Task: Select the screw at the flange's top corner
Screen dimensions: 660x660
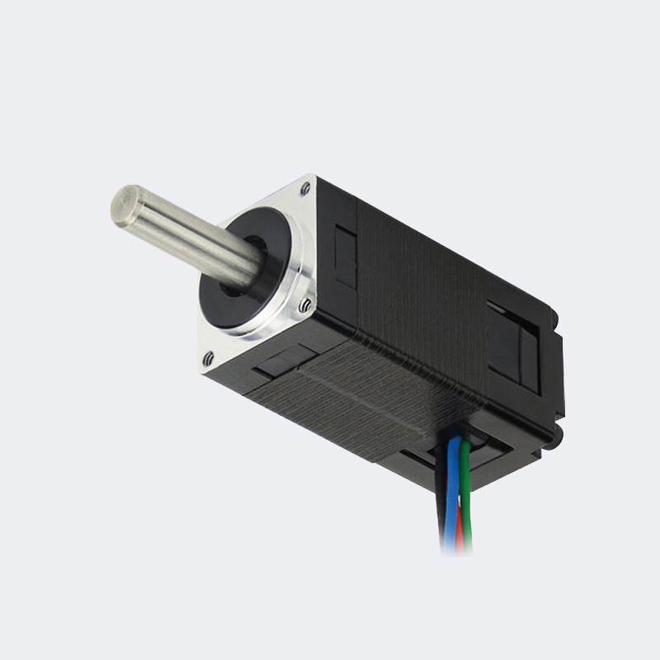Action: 305,189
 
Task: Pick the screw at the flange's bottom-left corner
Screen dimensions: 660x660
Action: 208,358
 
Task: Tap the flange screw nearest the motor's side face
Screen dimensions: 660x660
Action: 305,306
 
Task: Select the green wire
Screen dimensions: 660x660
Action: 467,495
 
